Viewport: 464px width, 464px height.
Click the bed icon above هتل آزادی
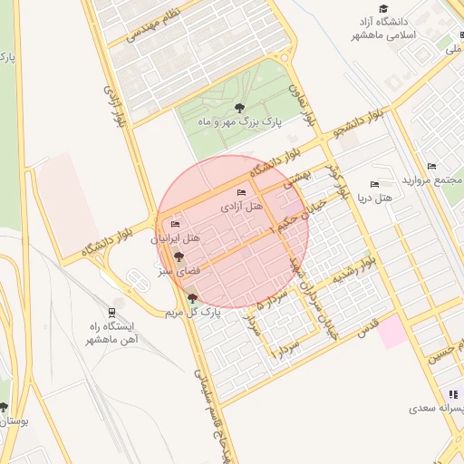[240, 193]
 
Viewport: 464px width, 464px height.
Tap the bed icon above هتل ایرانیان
[175, 225]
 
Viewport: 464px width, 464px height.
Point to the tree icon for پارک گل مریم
[191, 298]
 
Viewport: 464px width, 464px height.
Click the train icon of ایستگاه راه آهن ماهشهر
[111, 311]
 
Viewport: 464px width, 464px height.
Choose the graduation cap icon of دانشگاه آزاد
[383, 8]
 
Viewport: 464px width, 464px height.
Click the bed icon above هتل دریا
[375, 183]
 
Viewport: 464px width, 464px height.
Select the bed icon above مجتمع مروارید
[431, 166]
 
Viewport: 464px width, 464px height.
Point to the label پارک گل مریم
[192, 313]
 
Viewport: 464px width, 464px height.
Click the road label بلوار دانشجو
[364, 121]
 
